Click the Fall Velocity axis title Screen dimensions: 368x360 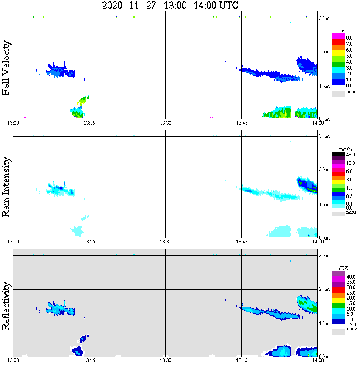[x=6, y=68]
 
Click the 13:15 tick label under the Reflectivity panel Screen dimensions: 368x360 [x=89, y=360]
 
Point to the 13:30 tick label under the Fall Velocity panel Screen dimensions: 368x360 [x=165, y=123]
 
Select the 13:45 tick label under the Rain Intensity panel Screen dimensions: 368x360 [x=241, y=242]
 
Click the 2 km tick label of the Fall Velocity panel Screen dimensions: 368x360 [x=324, y=52]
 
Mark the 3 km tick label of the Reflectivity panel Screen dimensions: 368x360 [x=324, y=256]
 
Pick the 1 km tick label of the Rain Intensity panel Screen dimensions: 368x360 [x=324, y=205]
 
